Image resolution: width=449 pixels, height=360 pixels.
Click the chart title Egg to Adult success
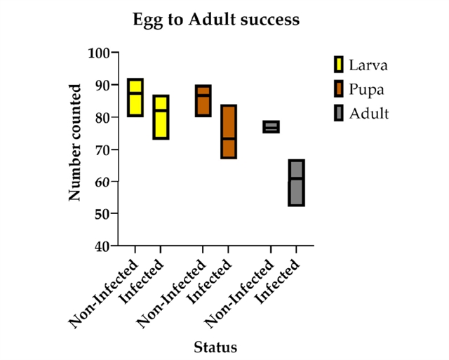216,20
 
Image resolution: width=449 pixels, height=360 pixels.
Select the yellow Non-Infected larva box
135,98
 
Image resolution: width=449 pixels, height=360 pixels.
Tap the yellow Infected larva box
161,117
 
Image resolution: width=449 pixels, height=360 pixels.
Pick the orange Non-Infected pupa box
203,100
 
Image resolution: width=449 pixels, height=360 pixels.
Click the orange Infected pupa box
228,131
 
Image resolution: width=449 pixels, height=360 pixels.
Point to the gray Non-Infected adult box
271,127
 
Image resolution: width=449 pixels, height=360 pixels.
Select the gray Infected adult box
296,182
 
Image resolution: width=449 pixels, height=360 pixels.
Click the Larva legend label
368,65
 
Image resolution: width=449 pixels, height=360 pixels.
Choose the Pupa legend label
366,89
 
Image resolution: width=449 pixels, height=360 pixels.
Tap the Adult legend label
369,113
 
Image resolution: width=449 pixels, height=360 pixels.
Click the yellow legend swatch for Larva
338,65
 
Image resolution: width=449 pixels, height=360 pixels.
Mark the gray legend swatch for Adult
338,113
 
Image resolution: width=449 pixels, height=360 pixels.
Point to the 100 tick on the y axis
100,53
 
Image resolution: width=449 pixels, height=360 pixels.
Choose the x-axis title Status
215,347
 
